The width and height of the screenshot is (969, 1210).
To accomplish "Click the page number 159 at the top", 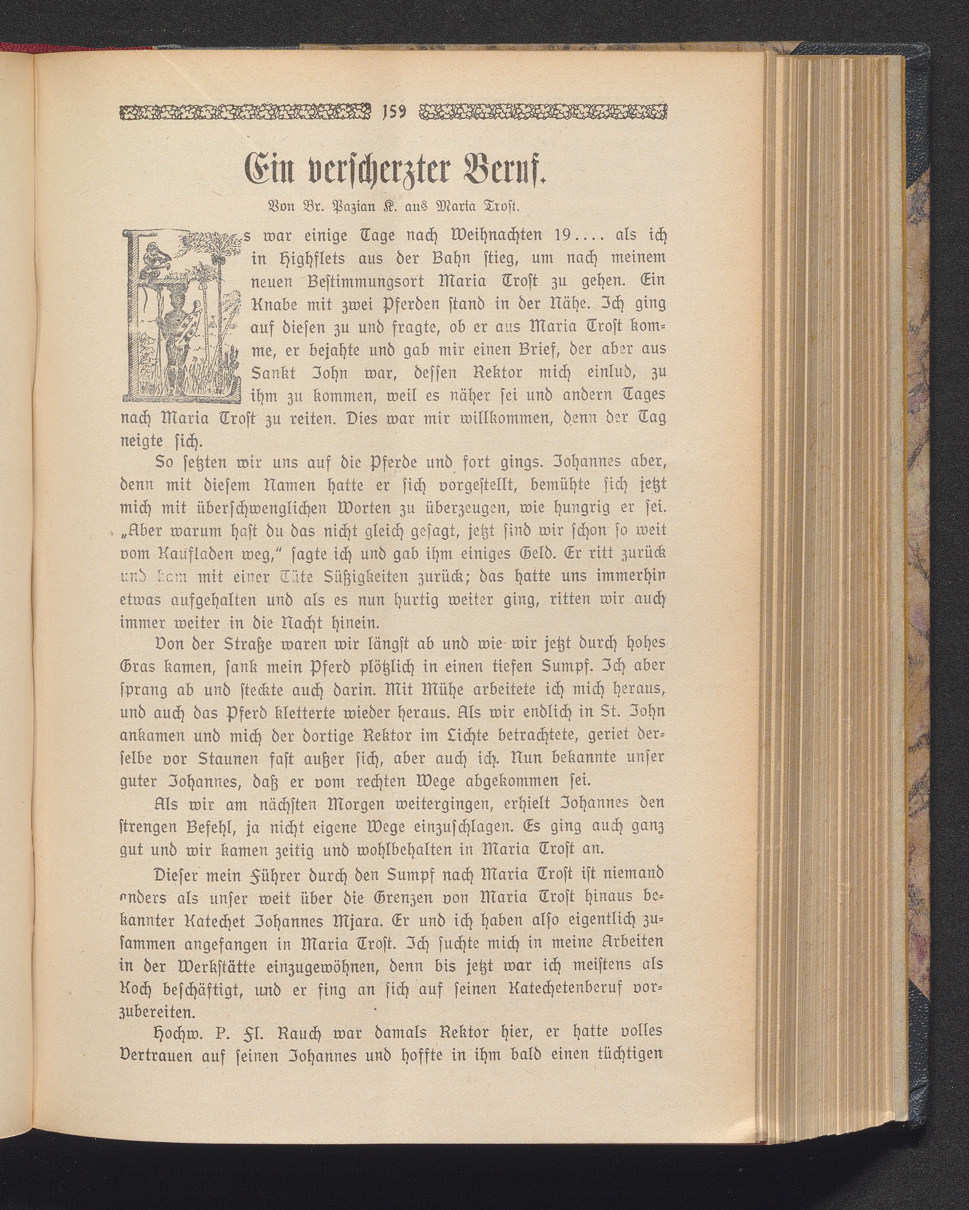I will (x=395, y=112).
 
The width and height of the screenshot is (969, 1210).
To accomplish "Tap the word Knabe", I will (x=274, y=304).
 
